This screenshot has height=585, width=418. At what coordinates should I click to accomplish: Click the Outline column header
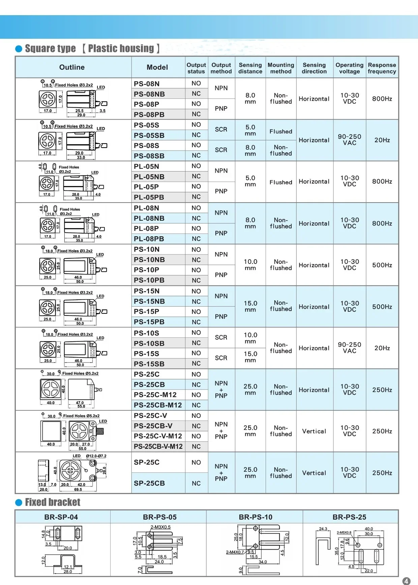[x=72, y=67]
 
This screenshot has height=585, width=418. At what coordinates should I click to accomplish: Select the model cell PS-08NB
[x=149, y=94]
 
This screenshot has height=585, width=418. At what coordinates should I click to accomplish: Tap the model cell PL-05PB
[x=149, y=197]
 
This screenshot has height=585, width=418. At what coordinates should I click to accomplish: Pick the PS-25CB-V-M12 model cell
[x=158, y=447]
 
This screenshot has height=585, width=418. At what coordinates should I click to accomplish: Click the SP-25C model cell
[x=147, y=462]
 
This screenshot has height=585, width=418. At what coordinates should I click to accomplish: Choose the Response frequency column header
[x=382, y=68]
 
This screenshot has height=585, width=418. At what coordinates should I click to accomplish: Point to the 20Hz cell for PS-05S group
[x=382, y=140]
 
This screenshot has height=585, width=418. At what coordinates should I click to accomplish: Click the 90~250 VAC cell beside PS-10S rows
[x=350, y=348]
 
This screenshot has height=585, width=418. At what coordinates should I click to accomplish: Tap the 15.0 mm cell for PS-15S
[x=250, y=357]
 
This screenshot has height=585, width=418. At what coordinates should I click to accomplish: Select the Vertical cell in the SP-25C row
[x=314, y=473]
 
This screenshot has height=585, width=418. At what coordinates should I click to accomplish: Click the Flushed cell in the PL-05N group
[x=281, y=182]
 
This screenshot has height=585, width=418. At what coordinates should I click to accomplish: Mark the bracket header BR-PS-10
[x=255, y=517]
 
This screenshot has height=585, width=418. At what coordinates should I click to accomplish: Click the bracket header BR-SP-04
[x=61, y=517]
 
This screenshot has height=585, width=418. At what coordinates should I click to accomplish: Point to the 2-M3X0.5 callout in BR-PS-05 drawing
[x=160, y=527]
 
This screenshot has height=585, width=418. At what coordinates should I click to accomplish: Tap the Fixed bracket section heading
[x=53, y=502]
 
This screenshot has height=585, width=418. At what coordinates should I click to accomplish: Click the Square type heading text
[x=51, y=49]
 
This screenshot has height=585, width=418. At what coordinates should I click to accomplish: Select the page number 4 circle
[x=407, y=581]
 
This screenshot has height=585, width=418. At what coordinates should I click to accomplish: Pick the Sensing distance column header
[x=250, y=68]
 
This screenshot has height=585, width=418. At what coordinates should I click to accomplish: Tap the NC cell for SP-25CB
[x=196, y=483]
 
